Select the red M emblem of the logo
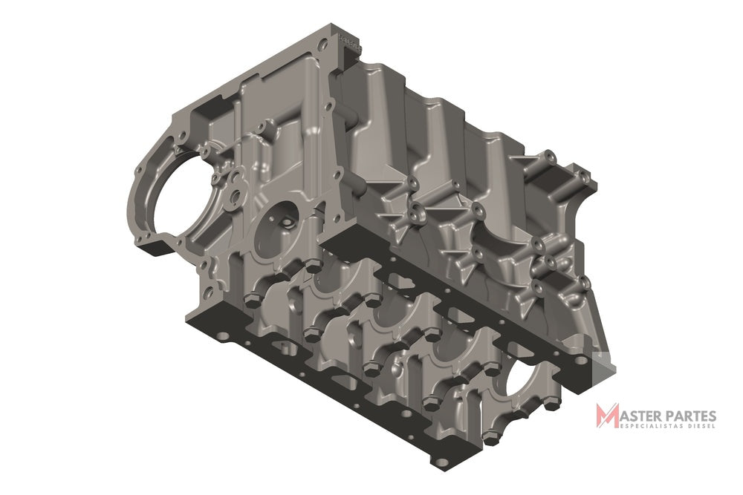608,416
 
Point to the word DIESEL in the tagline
698,426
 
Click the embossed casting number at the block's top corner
350,42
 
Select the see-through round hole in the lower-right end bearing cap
522,381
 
